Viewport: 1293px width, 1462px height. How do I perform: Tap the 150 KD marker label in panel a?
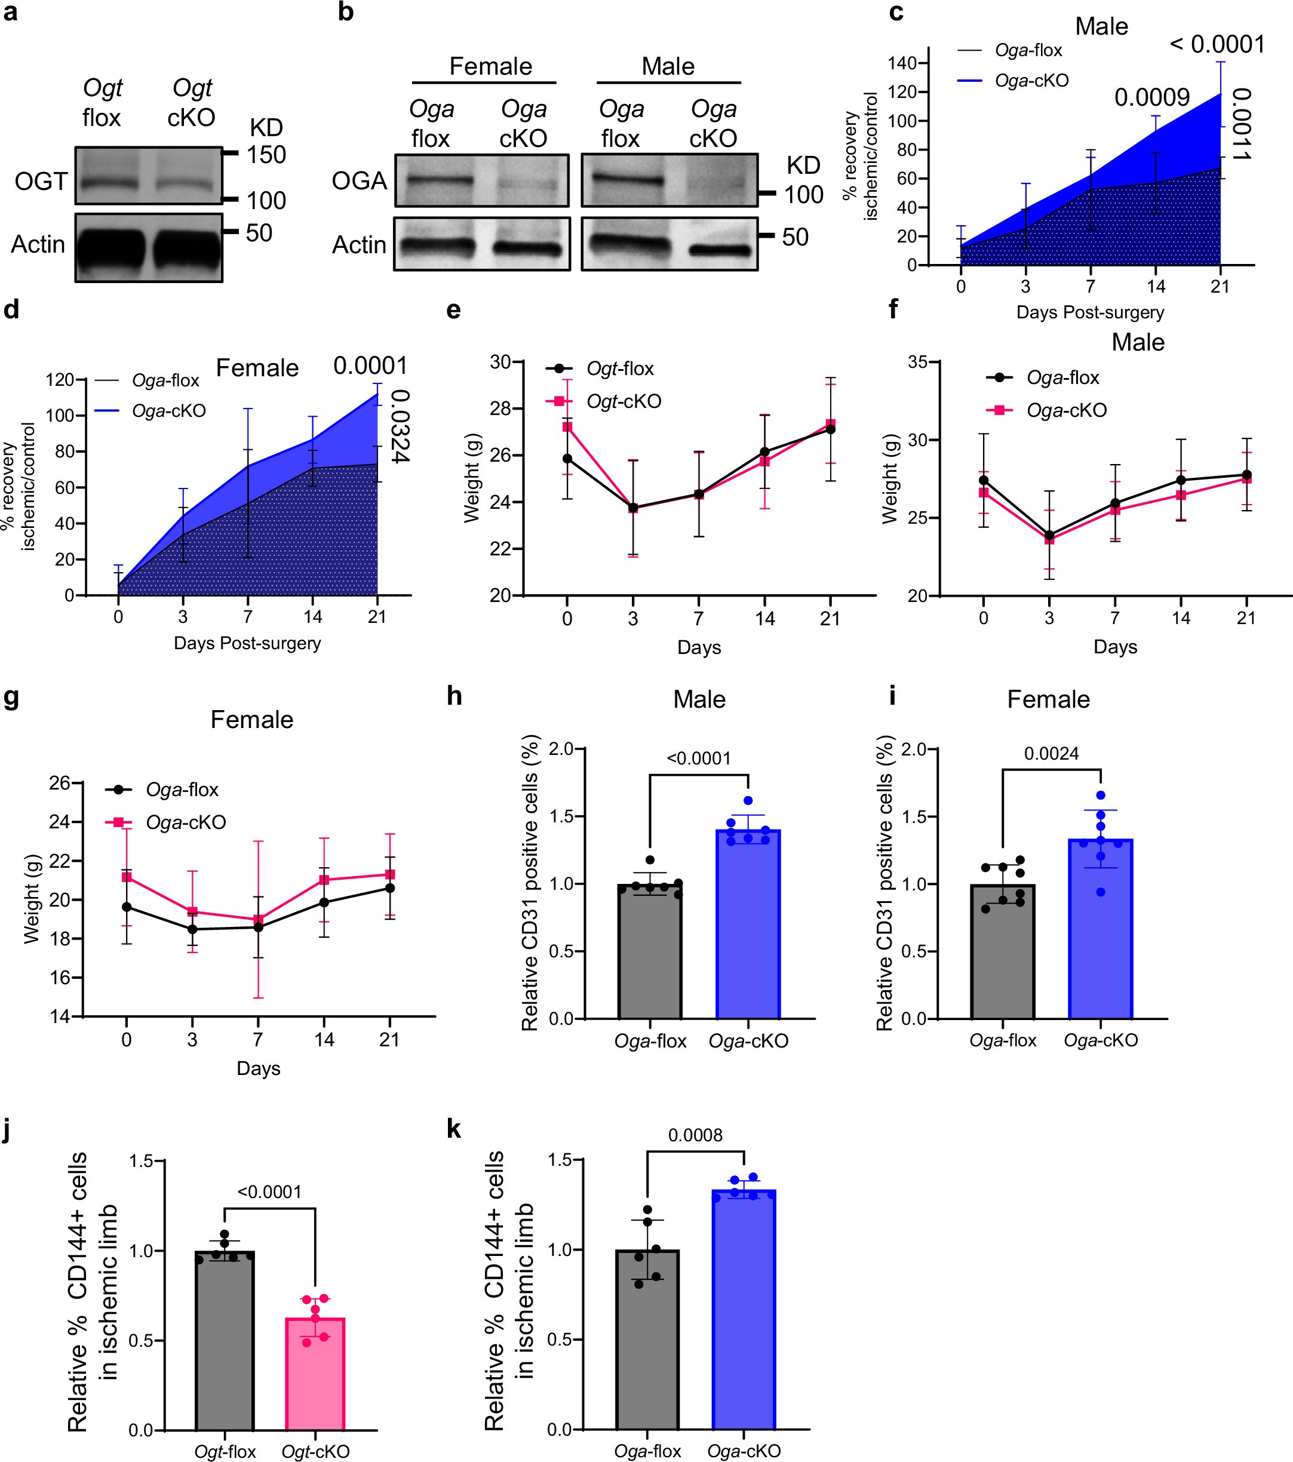pos(266,155)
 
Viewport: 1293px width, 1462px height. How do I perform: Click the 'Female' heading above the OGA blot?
pos(490,66)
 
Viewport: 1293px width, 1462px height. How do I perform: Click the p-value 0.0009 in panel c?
pos(1151,97)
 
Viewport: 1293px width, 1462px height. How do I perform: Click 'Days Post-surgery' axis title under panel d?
pos(247,643)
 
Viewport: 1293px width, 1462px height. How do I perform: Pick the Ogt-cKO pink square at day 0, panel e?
pos(567,426)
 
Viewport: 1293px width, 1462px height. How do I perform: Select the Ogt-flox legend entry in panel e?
pos(619,369)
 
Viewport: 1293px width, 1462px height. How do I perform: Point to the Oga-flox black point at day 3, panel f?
pos(1049,535)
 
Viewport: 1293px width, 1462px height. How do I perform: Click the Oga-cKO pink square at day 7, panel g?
pos(258,920)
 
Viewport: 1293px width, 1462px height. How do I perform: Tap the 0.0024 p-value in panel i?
pos(1051,754)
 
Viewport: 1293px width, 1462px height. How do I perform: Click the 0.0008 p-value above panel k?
pos(695,1135)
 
